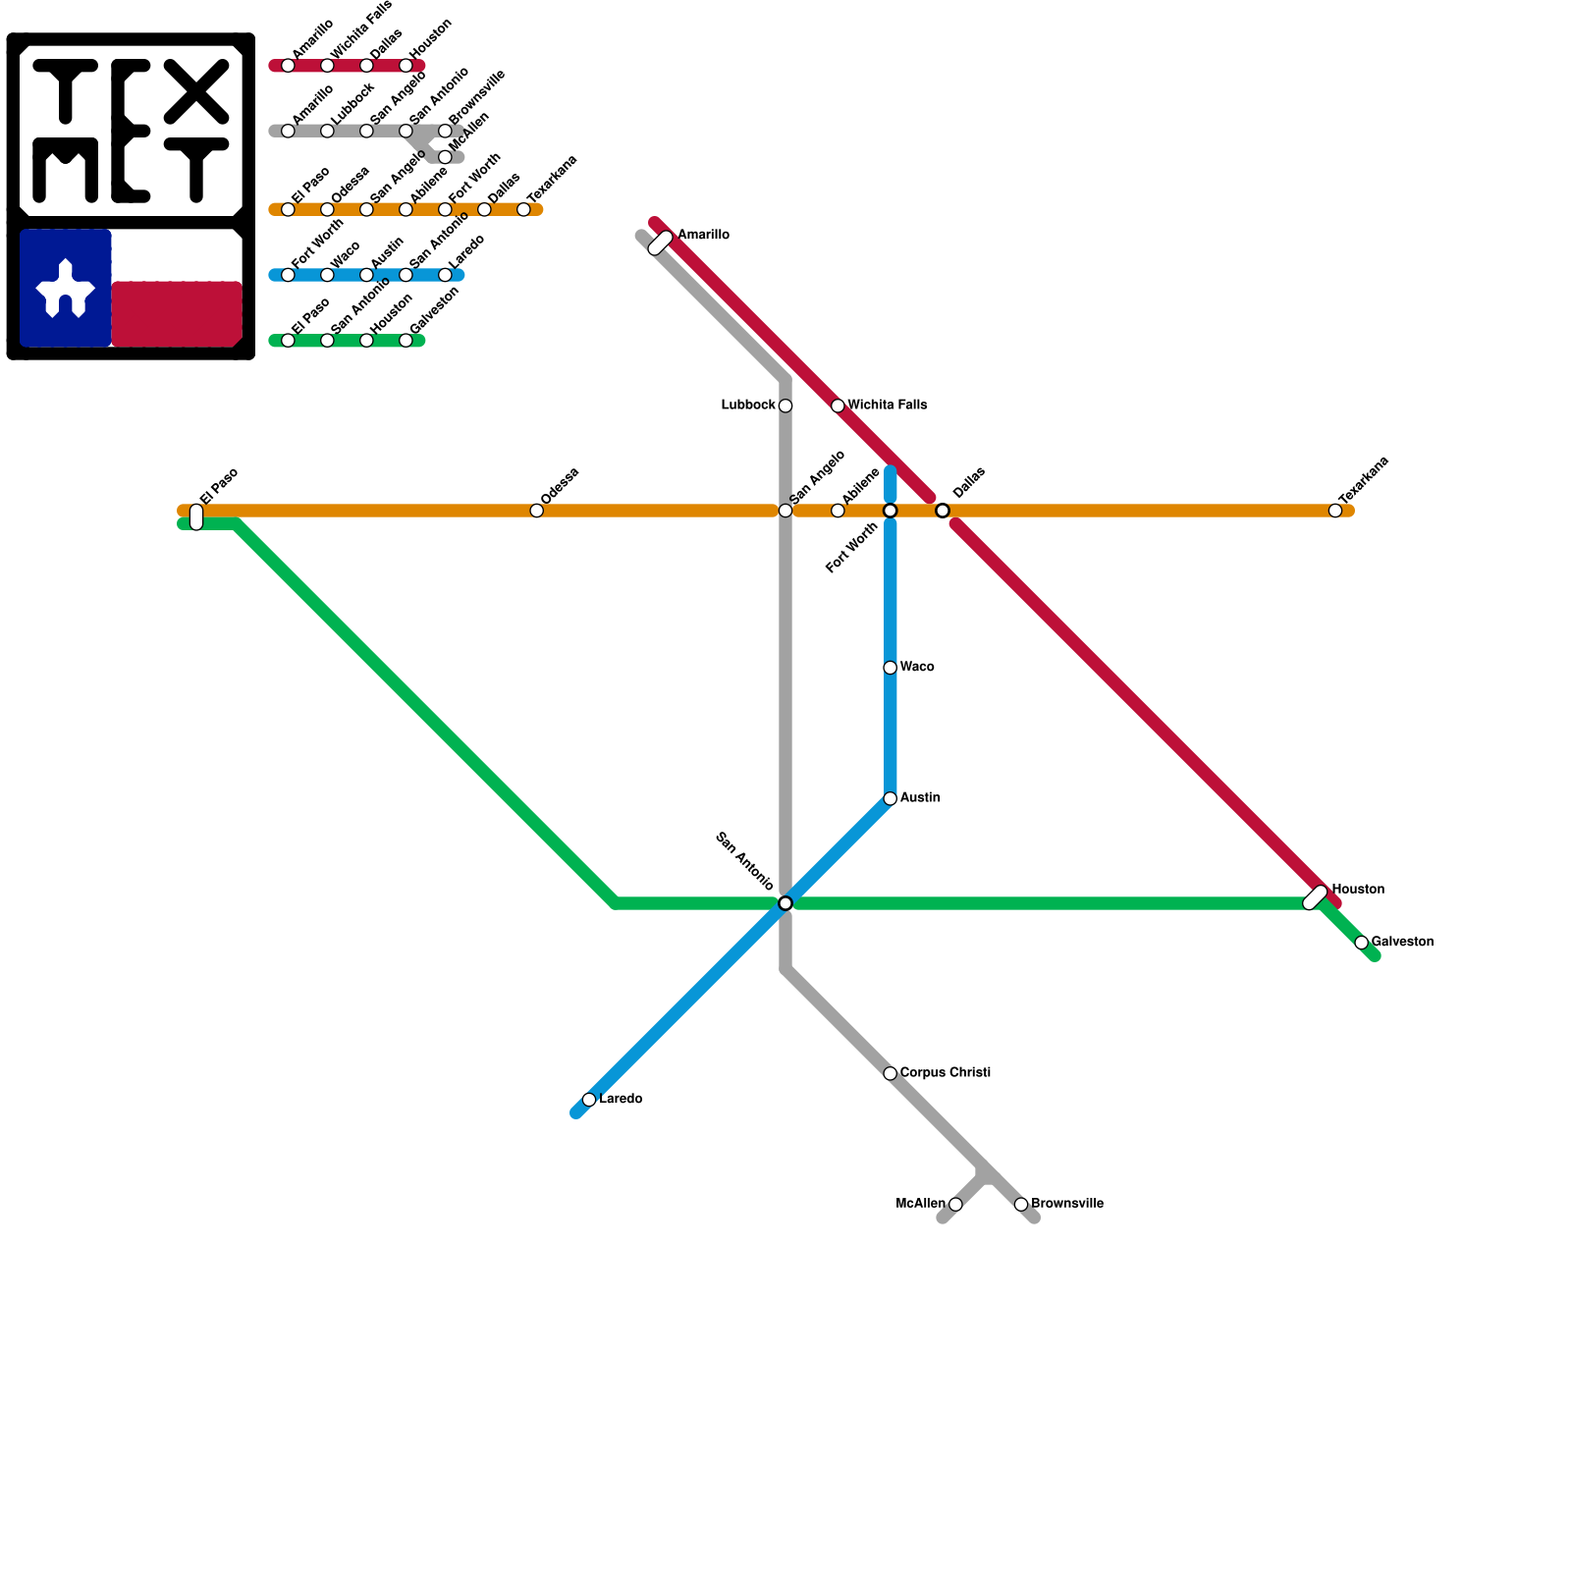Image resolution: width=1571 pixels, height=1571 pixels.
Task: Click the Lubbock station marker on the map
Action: [785, 406]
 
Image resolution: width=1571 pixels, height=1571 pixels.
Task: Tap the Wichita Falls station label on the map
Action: [887, 406]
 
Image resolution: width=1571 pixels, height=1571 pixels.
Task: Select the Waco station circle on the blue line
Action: [890, 668]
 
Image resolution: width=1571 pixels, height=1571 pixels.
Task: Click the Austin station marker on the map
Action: [890, 798]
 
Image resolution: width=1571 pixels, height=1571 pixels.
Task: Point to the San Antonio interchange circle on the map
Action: [785, 903]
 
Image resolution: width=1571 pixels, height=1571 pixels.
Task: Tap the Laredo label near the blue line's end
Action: [621, 1099]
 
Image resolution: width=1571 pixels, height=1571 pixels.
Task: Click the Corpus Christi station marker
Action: [890, 1073]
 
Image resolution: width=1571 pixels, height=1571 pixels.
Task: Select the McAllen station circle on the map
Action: [955, 1205]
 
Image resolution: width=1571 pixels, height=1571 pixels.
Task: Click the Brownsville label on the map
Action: [1066, 1204]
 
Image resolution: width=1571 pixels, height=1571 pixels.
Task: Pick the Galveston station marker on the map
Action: [1361, 943]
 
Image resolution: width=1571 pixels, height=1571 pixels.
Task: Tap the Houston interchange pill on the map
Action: [1316, 897]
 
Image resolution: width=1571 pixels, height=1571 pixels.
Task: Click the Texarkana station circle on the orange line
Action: [1335, 511]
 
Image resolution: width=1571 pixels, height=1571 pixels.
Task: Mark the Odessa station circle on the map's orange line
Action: [536, 511]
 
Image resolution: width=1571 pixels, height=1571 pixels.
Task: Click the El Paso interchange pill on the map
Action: [196, 516]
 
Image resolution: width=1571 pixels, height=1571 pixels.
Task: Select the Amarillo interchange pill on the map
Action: [661, 243]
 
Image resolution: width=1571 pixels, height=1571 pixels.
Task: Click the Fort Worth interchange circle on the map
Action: [890, 511]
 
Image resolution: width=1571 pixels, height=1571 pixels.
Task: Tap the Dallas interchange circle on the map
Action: [943, 511]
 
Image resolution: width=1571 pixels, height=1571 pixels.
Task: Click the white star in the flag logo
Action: [65, 290]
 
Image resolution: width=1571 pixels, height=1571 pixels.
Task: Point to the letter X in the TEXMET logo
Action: [196, 91]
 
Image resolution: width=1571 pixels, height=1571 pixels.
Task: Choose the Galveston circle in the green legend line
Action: [406, 341]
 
